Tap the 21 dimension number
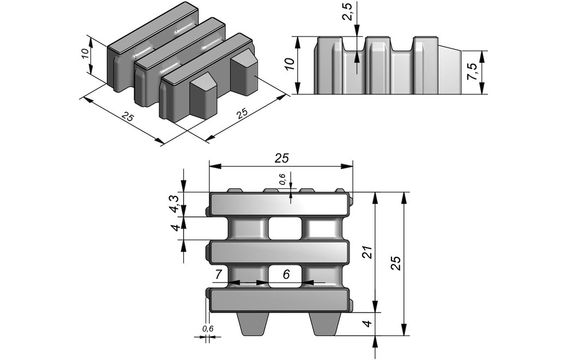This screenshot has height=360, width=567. coord(367,251)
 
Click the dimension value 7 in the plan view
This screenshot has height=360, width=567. coord(218,275)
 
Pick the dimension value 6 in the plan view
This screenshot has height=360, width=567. coord(286,275)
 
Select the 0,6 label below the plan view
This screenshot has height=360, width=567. coord(208,329)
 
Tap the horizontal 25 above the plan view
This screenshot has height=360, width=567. coord(281,158)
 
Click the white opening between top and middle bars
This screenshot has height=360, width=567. coord(285,229)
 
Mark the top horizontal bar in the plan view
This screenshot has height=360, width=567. coord(279,205)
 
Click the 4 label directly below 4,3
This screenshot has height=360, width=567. coord(175,227)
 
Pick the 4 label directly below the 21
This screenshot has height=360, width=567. coord(369,323)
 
